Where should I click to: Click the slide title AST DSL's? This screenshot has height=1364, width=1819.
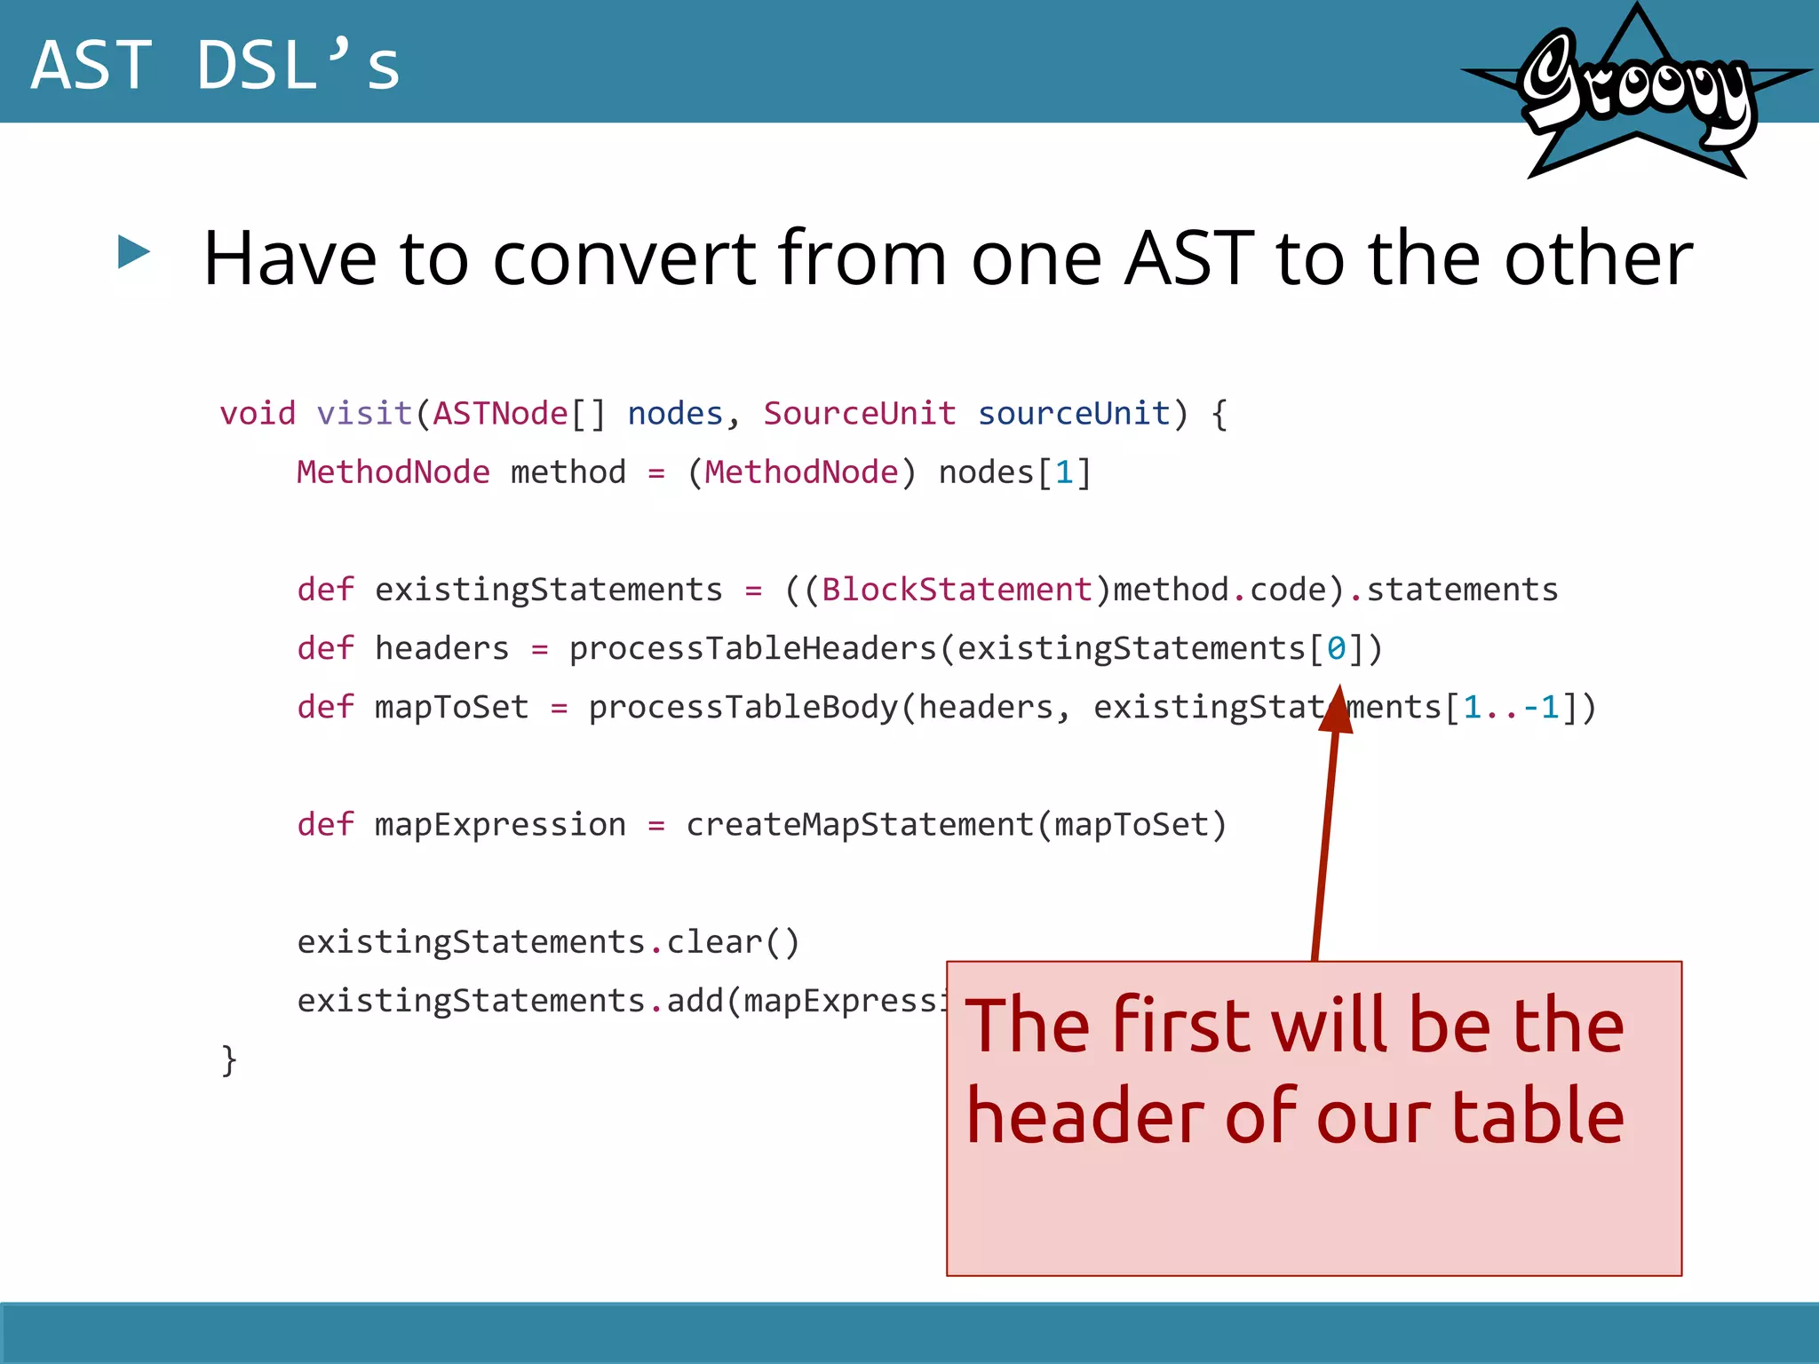(215, 66)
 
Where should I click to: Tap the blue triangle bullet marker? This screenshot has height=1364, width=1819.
(133, 252)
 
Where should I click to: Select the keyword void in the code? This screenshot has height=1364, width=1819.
(258, 414)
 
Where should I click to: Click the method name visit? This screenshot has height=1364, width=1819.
(364, 414)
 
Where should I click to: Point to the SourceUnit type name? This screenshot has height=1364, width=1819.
(859, 414)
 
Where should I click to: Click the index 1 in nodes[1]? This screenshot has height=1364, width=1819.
(1063, 472)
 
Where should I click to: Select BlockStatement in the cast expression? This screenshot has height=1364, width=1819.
(956, 590)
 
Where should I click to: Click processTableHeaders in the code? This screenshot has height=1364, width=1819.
(752, 648)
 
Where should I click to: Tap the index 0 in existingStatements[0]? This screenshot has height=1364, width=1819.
(1336, 648)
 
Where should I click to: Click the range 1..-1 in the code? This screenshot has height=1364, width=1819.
(1511, 707)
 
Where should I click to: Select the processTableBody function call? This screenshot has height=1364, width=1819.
(743, 707)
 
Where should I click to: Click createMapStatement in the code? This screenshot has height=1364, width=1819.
(859, 825)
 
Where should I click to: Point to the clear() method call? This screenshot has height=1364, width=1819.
(733, 942)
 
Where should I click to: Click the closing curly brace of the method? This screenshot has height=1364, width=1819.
(229, 1059)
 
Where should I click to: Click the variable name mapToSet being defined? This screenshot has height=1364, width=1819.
(451, 707)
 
